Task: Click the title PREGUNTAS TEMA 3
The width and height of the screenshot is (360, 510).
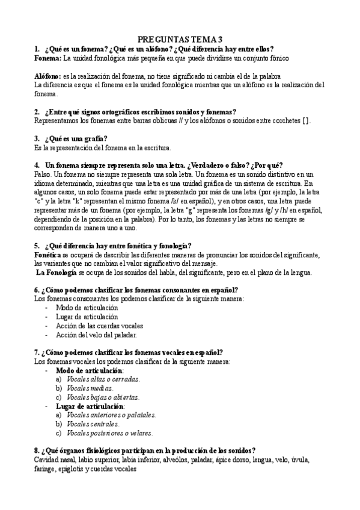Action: pyautogui.click(x=180, y=38)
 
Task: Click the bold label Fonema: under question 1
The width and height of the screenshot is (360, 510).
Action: pyautogui.click(x=47, y=58)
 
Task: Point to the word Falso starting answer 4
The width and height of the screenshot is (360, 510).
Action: pyautogui.click(x=43, y=174)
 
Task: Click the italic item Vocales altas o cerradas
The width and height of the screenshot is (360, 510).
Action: pyautogui.click(x=103, y=379)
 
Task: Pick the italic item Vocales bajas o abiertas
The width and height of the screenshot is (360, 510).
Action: pyautogui.click(x=103, y=397)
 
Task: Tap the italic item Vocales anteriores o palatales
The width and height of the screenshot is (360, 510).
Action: pyautogui.click(x=111, y=415)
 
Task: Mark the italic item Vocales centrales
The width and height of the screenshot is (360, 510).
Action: pyautogui.click(x=93, y=424)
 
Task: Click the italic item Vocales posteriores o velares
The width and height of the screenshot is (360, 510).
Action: pyautogui.click(x=110, y=433)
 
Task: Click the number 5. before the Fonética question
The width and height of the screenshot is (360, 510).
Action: pyautogui.click(x=37, y=245)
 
